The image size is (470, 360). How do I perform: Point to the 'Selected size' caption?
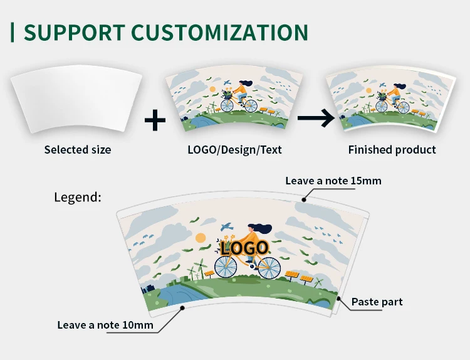[78, 150]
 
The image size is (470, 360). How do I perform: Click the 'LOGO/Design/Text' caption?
[235, 150]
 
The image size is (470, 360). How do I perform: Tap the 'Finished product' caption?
[392, 150]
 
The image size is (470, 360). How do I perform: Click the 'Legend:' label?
[78, 197]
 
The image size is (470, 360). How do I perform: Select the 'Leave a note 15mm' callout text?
[333, 181]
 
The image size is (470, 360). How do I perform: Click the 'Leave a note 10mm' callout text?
[105, 325]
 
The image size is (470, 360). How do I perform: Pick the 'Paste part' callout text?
[377, 302]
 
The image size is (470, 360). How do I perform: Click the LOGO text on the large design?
[245, 247]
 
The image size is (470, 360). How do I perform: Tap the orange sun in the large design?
[201, 238]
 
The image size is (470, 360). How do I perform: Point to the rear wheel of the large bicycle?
[269, 267]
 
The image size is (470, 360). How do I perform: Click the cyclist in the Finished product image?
[392, 94]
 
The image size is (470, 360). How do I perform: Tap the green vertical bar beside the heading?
[13, 32]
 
